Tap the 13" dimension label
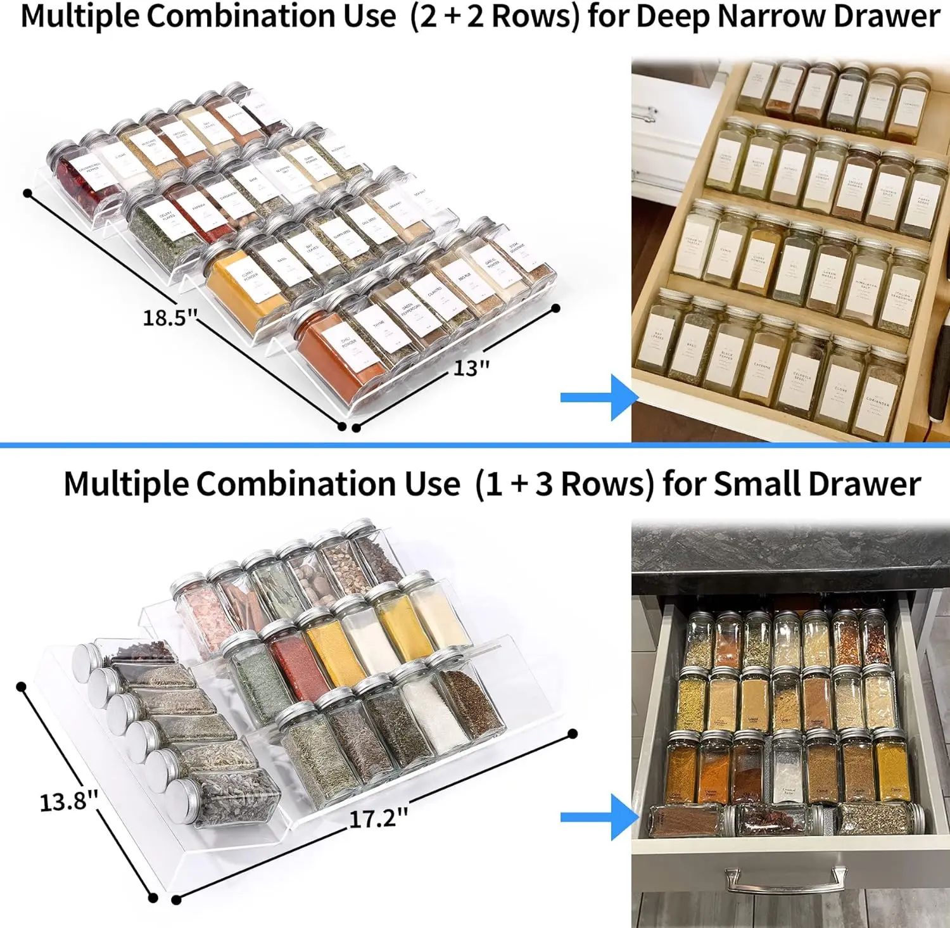tap(471, 367)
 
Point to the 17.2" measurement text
tap(378, 818)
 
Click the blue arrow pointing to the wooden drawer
tap(598, 397)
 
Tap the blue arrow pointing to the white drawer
tap(598, 817)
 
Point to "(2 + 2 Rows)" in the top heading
tap(495, 16)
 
